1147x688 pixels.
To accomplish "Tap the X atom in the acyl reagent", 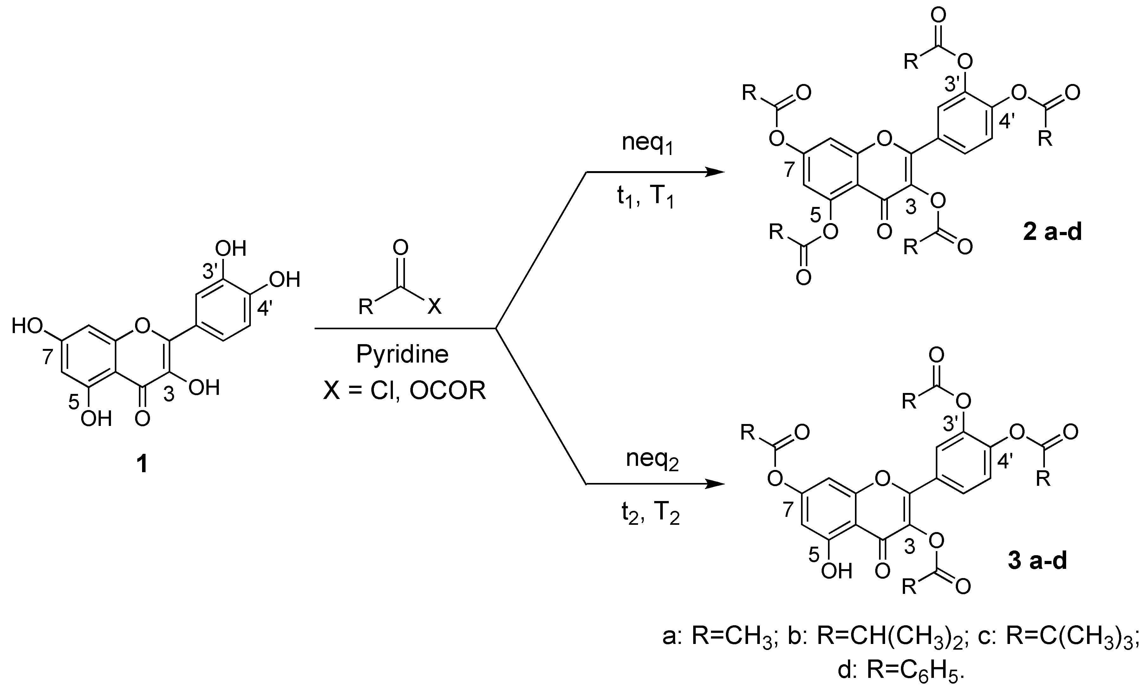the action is click(x=434, y=306).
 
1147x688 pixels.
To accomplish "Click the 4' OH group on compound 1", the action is click(x=285, y=280).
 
